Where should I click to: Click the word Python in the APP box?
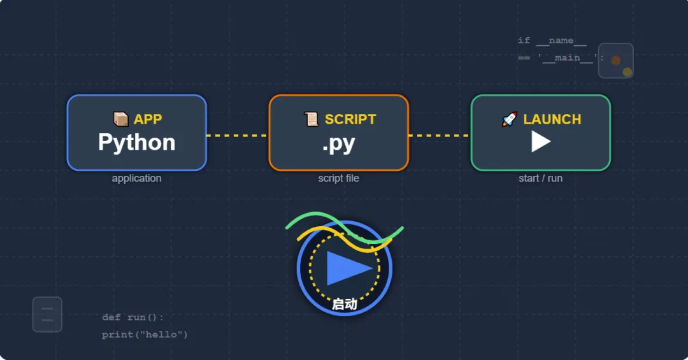(x=137, y=142)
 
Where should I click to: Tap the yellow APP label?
(x=148, y=119)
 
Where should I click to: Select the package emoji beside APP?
(x=120, y=119)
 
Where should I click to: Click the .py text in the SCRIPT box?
(x=338, y=143)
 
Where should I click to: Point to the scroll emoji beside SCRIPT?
(x=312, y=119)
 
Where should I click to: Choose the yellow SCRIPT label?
(x=350, y=119)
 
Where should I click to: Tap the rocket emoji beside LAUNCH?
(x=510, y=119)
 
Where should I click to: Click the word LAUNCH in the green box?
(x=552, y=119)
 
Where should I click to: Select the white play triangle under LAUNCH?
(x=540, y=141)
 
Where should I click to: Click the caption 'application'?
(x=136, y=178)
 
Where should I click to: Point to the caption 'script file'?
(x=338, y=178)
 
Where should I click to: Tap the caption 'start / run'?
(x=540, y=178)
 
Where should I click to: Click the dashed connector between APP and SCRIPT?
(x=238, y=136)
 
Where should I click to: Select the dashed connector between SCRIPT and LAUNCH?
(x=440, y=136)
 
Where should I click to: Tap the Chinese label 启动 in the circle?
(x=345, y=305)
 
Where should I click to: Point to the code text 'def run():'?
(x=133, y=317)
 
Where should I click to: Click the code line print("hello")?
(x=145, y=335)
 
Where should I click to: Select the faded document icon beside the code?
(x=47, y=314)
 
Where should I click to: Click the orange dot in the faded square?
(x=616, y=61)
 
